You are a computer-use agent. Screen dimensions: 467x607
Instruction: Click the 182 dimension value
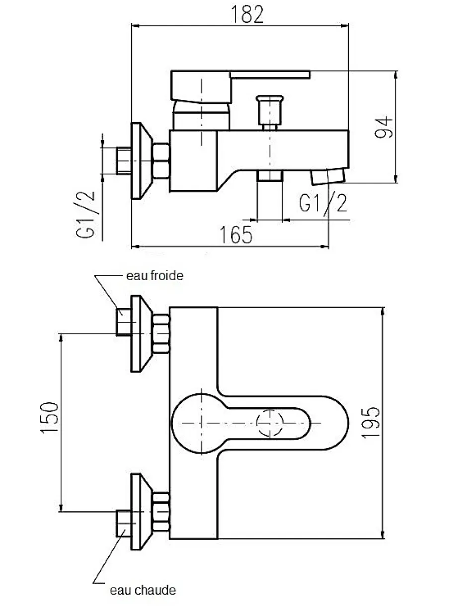click(247, 15)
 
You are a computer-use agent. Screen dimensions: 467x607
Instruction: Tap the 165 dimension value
click(236, 234)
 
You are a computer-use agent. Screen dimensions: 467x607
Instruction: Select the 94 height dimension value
click(384, 127)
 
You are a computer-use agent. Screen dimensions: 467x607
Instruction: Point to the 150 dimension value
click(50, 418)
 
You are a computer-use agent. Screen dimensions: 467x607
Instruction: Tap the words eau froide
click(155, 276)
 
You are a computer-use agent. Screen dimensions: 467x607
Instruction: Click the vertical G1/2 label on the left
click(85, 215)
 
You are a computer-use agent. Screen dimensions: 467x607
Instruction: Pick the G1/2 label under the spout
click(323, 203)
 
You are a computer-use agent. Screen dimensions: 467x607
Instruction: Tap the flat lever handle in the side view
click(240, 87)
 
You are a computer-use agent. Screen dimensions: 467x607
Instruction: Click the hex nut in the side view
click(161, 161)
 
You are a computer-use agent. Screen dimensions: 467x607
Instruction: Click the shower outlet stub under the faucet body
click(270, 176)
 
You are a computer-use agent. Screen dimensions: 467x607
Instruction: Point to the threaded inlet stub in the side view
click(124, 161)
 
